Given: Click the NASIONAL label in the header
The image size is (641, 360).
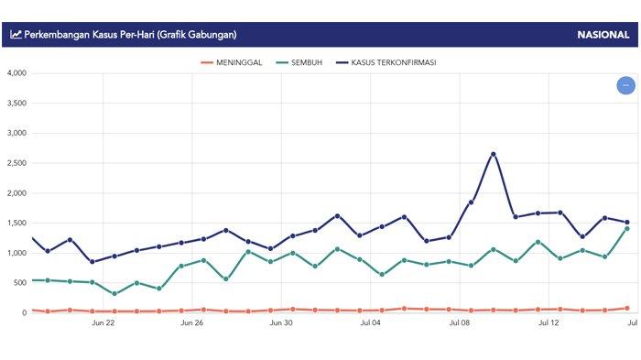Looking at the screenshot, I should coord(603,35).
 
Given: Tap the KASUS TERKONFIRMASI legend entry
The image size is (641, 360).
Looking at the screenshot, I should coord(391,62).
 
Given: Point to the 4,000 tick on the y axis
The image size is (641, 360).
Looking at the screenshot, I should coord(16,73).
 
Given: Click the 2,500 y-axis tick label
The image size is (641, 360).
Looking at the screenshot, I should coord(16,163).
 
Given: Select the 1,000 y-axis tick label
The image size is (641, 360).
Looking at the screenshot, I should coord(16,253).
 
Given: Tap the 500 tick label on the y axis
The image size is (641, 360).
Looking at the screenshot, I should coord(19,283).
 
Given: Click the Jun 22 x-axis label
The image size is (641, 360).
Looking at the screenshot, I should coord(103,322).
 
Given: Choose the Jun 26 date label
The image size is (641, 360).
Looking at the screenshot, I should coord(192,322).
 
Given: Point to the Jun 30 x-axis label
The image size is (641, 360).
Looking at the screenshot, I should coord(281,322).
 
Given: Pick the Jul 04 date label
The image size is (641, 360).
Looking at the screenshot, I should coord(371,322).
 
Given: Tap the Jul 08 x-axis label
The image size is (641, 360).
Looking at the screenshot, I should coord(460,322).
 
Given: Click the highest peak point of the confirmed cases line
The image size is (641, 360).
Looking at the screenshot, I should coord(494,154).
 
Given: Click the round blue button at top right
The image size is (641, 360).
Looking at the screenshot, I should coord(625,85).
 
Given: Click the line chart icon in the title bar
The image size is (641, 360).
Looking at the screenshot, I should coord(16,35).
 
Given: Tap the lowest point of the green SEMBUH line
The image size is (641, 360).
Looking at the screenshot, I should coord(114,294).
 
